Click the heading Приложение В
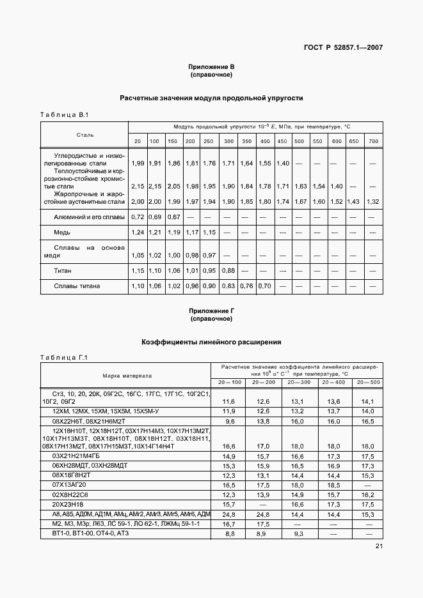[211, 66]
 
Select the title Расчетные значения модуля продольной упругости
[211, 98]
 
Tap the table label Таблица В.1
[64, 115]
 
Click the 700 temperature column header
[374, 141]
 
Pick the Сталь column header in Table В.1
[84, 135]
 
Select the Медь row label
[63, 233]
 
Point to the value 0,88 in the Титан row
[228, 271]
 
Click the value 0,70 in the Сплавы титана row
[264, 286]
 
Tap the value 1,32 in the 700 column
[374, 202]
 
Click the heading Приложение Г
[211, 311]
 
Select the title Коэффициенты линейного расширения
[211, 343]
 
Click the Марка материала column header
[125, 375]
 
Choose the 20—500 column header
[368, 382]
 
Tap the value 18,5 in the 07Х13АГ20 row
[333, 486]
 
